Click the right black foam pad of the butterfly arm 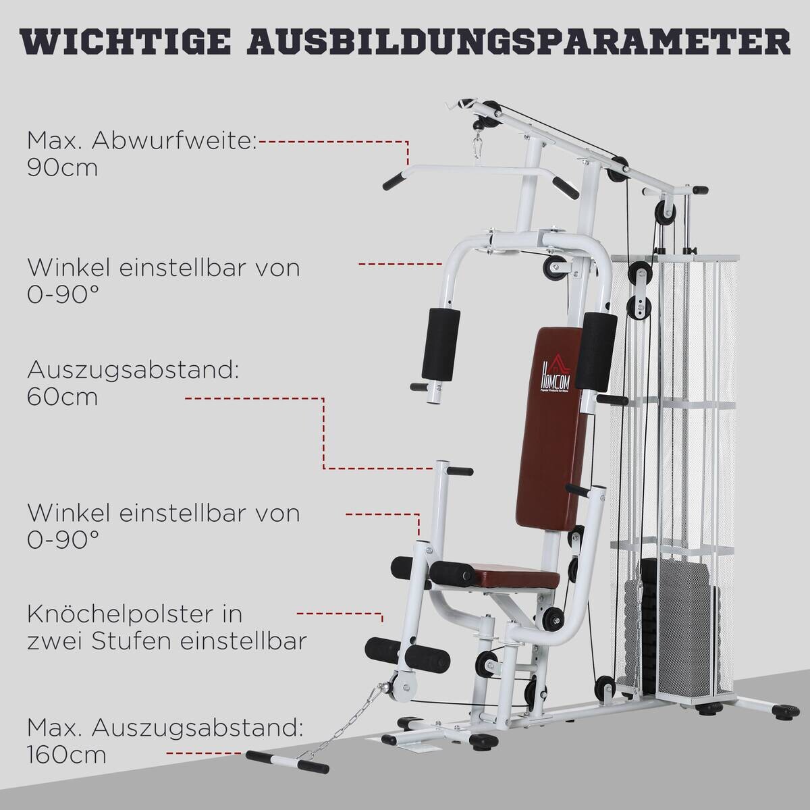600,351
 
